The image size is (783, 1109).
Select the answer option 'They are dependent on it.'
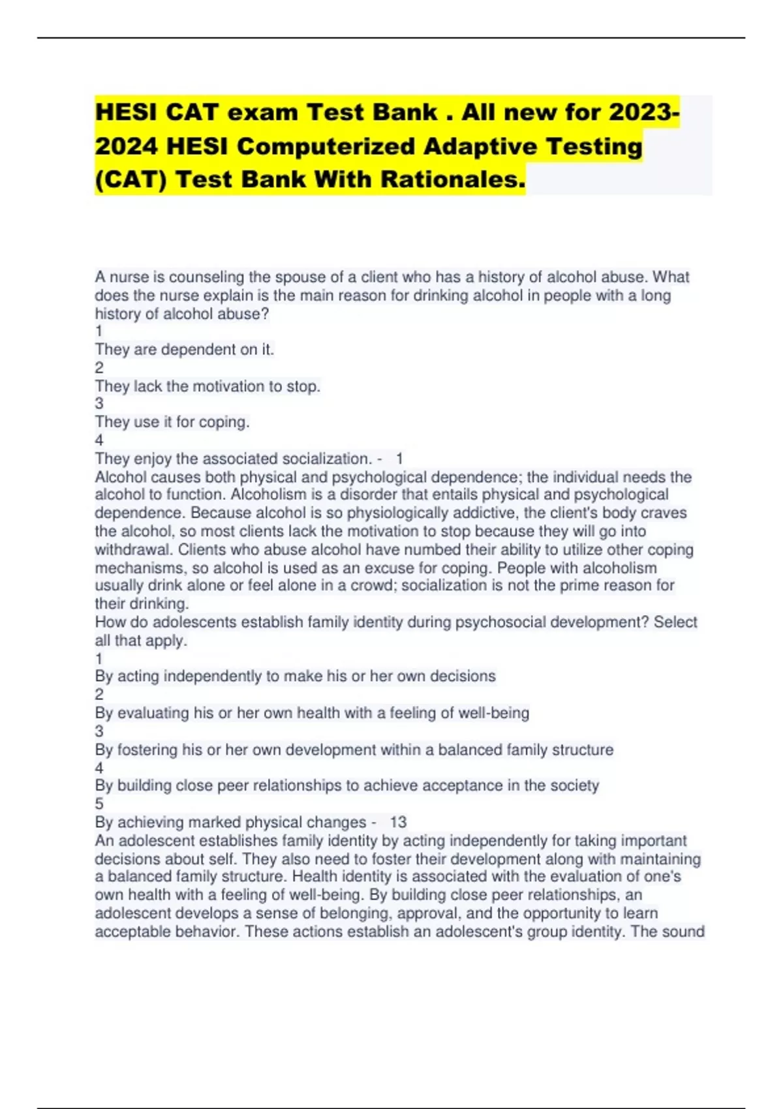(x=185, y=350)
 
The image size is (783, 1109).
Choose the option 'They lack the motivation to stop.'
(x=207, y=386)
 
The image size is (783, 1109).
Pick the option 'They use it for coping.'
(x=172, y=422)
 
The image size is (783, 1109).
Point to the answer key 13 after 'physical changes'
(x=398, y=822)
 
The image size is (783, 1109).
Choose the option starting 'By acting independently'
(x=295, y=676)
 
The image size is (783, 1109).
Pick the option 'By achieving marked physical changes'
(x=230, y=822)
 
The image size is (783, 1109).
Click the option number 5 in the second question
(x=99, y=804)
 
